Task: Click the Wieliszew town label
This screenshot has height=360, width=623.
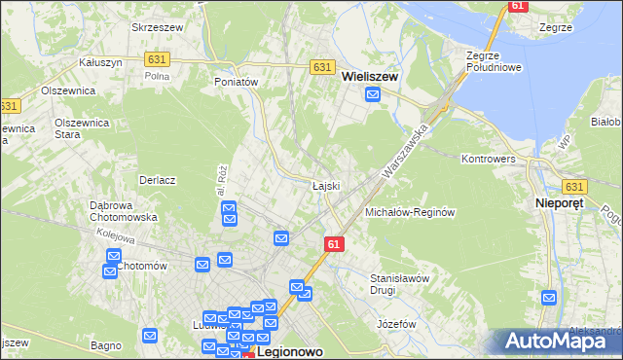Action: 374,72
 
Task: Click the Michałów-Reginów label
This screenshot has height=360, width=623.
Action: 410,212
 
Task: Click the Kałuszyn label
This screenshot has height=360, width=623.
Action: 99,61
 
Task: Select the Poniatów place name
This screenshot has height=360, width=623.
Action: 236,83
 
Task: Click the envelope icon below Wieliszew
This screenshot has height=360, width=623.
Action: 373,94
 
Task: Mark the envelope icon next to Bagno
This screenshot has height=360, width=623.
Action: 150,336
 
